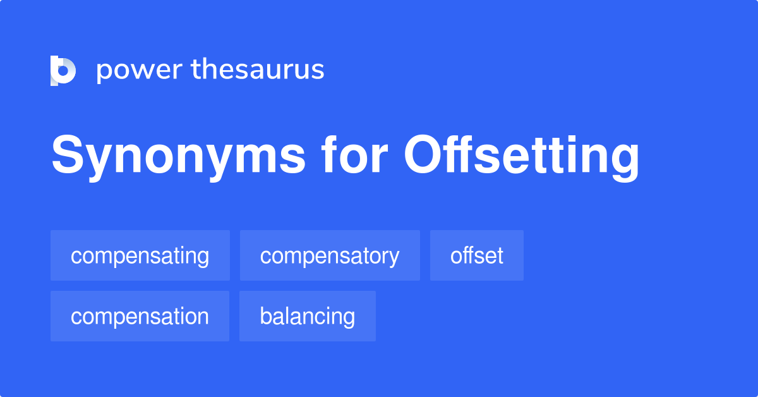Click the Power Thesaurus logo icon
63,70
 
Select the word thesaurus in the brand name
258,69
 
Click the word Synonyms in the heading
179,157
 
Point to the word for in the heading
354,154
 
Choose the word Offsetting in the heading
522,157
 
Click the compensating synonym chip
140,255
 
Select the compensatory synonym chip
330,255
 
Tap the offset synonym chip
477,255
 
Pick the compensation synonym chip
140,316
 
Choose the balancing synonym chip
308,316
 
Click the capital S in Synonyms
68,154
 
